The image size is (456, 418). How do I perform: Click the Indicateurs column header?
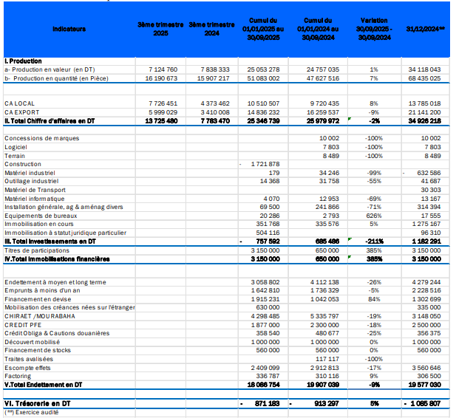[x=69, y=29]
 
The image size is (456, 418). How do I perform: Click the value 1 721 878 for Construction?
[x=264, y=163]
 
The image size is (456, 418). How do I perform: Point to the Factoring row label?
[x=18, y=375]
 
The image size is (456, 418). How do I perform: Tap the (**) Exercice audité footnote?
[x=33, y=412]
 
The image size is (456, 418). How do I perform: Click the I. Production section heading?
[x=23, y=61]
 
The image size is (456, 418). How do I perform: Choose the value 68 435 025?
[x=425, y=77]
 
